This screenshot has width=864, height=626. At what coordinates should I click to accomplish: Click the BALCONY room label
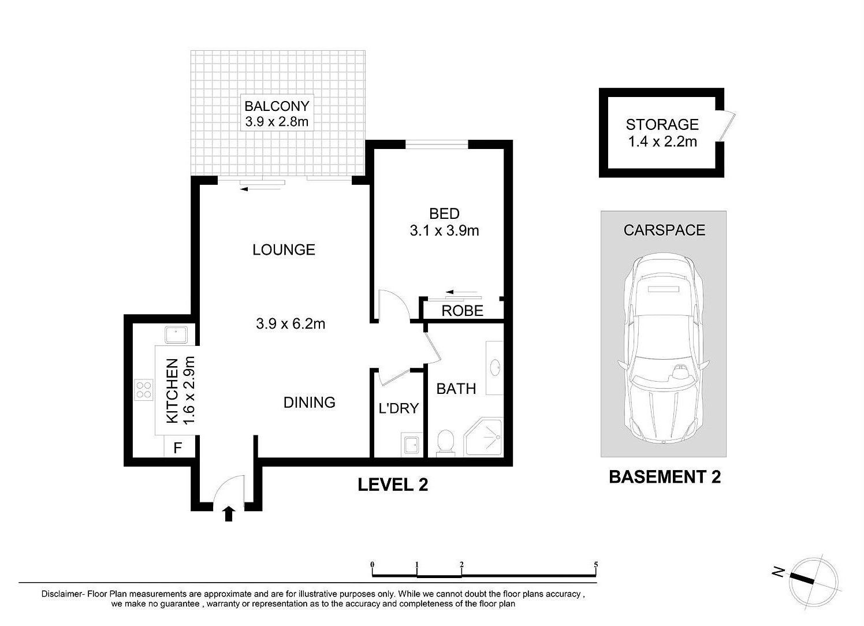tap(277, 106)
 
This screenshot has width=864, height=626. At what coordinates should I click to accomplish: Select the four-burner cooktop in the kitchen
tap(144, 390)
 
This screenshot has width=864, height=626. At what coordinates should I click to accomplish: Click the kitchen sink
tap(176, 334)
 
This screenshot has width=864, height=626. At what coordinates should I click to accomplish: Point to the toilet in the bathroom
tap(446, 442)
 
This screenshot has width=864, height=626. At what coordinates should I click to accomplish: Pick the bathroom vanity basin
tap(495, 367)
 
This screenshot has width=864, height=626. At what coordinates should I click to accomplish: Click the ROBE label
tap(462, 311)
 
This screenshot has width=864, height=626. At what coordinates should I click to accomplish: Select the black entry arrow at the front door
tap(229, 514)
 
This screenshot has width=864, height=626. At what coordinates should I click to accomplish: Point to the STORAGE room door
tap(727, 126)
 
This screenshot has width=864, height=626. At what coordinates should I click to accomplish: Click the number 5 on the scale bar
tap(596, 565)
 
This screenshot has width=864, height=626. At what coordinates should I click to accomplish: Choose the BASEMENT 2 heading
tap(665, 477)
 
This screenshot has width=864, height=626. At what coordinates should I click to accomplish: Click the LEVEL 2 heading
tap(393, 485)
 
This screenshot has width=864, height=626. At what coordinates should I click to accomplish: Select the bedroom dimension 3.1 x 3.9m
tap(444, 230)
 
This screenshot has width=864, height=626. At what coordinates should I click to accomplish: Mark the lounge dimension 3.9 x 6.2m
tap(291, 323)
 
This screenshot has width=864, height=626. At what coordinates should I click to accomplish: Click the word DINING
tap(310, 403)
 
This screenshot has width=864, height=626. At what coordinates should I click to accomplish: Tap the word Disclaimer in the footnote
tap(62, 594)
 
